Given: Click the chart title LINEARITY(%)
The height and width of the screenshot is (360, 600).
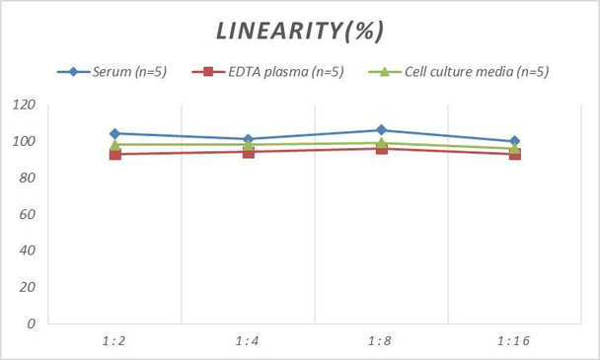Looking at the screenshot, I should [x=299, y=31].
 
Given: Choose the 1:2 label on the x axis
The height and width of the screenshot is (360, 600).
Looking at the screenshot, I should [x=114, y=340].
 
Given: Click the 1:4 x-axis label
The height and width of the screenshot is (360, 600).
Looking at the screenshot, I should [x=248, y=340].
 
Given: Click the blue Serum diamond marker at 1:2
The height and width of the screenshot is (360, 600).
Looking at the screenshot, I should [x=114, y=133].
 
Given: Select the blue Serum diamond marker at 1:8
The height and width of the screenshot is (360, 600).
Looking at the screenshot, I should [x=381, y=130].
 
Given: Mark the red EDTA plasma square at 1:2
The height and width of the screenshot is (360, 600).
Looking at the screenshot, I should [x=114, y=154].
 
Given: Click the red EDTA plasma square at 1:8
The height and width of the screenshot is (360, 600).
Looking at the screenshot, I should [x=381, y=149].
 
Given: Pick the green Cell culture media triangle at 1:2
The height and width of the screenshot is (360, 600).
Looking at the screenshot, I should [x=114, y=145].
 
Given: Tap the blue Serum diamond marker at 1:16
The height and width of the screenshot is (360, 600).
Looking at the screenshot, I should [x=514, y=141].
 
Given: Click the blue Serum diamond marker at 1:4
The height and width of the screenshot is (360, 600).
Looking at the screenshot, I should [x=248, y=139].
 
